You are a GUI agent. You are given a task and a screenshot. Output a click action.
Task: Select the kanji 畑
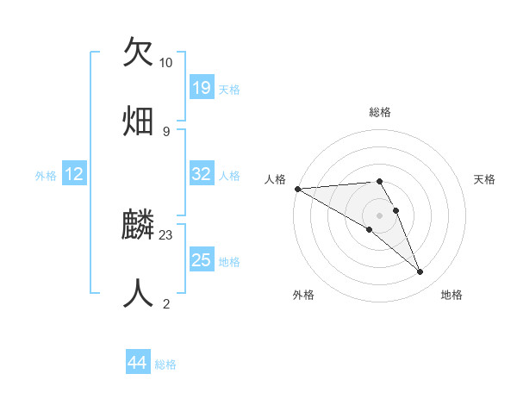click(x=138, y=120)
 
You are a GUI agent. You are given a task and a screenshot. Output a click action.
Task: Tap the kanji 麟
click(x=138, y=226)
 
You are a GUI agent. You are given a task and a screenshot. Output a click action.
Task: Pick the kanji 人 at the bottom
click(x=138, y=293)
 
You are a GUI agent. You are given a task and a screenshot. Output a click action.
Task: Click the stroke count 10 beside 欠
click(x=165, y=63)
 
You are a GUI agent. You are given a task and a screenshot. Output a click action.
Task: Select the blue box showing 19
click(x=202, y=88)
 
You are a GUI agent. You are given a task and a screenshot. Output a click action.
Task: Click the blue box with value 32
click(x=202, y=174)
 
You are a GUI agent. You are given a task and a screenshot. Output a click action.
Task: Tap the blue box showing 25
click(x=202, y=260)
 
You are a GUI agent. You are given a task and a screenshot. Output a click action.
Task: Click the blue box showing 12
click(x=74, y=174)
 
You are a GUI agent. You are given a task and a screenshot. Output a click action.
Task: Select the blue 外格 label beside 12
click(x=46, y=175)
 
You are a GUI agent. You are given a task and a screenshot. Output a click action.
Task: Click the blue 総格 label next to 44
click(x=165, y=364)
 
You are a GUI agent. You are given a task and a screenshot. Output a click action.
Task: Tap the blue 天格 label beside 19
click(x=229, y=89)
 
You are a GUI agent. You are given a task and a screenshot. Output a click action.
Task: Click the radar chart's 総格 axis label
click(x=380, y=112)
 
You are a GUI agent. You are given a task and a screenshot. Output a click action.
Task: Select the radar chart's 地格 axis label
click(x=452, y=295)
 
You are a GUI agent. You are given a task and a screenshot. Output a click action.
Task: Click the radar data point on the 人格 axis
click(x=297, y=189)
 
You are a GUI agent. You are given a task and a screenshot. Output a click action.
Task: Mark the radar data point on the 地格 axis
click(x=420, y=272)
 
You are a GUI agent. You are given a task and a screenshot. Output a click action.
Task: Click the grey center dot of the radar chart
click(x=380, y=215)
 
